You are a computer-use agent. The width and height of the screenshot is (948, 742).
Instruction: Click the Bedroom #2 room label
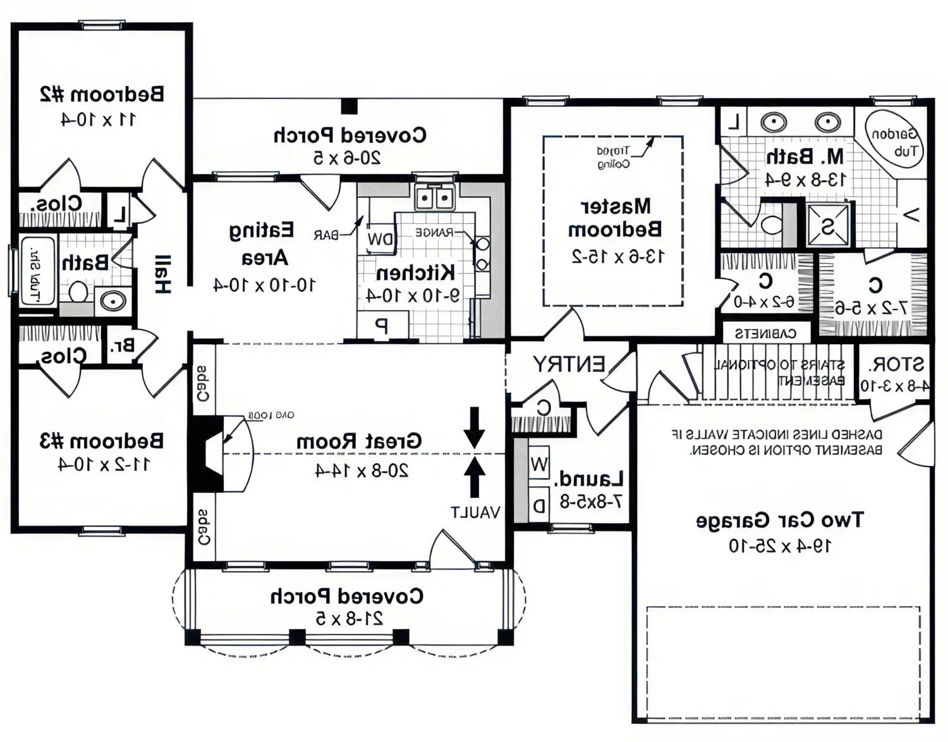[102, 94]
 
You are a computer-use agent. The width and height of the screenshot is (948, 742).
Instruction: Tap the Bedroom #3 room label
[102, 441]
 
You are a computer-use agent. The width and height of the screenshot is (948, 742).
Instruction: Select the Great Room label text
[359, 441]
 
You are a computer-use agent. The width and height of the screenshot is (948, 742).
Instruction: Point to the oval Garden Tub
[894, 141]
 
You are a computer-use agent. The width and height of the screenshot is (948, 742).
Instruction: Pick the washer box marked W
[538, 465]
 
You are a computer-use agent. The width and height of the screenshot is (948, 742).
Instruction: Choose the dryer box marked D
[538, 505]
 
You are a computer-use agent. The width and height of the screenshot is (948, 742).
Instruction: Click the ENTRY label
[568, 364]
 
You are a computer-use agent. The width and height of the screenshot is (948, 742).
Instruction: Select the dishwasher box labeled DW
[380, 239]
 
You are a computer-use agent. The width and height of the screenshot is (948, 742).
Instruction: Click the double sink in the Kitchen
[435, 199]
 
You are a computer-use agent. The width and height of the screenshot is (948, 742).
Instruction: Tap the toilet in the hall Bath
[78, 292]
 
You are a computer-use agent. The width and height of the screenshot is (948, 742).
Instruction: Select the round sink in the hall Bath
[113, 301]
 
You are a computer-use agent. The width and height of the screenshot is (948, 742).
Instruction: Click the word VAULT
[475, 512]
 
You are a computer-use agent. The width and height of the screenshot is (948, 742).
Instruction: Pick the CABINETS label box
[765, 333]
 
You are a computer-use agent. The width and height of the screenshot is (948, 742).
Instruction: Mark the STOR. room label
[896, 365]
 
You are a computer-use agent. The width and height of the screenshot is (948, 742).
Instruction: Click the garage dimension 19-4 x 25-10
[780, 545]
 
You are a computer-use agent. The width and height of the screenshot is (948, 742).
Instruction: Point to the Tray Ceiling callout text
[613, 158]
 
